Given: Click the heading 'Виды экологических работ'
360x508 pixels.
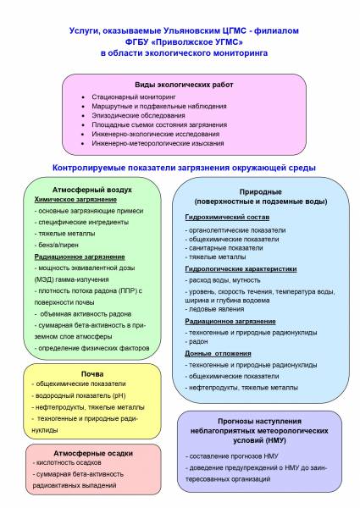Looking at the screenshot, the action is coord(184,85).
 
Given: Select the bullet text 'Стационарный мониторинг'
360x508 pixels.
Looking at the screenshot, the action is coord(134,97).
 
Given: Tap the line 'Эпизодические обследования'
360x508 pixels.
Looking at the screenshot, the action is coord(138,115).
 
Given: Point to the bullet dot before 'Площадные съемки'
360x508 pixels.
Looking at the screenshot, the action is coord(83,125).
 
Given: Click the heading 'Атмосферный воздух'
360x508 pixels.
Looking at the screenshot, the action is coord(92,190).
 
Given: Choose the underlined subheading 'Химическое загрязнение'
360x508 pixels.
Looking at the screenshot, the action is coord(75,200).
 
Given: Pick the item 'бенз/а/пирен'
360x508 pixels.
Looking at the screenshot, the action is coord(57,245).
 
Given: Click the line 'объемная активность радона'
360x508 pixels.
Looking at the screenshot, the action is coord(83,314).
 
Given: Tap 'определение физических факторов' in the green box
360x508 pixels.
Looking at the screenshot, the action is coord(91,348).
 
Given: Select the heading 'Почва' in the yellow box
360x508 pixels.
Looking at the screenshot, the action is coord(92,374).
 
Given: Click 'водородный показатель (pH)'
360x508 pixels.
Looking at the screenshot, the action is coord(79,395).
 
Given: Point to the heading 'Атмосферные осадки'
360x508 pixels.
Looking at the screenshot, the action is coord(93,453).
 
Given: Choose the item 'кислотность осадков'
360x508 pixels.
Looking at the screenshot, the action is coord(67,462).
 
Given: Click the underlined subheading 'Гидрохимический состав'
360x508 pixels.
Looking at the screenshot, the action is coord(227,217).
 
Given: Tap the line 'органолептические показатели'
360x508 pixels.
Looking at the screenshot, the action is coord(235,230).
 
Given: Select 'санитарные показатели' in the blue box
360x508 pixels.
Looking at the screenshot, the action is coord(224,248).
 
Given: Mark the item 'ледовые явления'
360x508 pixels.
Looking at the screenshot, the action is coord(214,309).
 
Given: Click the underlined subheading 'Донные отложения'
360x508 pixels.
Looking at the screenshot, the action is coord(218,353).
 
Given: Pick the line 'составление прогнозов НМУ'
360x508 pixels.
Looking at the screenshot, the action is coord(232,456).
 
